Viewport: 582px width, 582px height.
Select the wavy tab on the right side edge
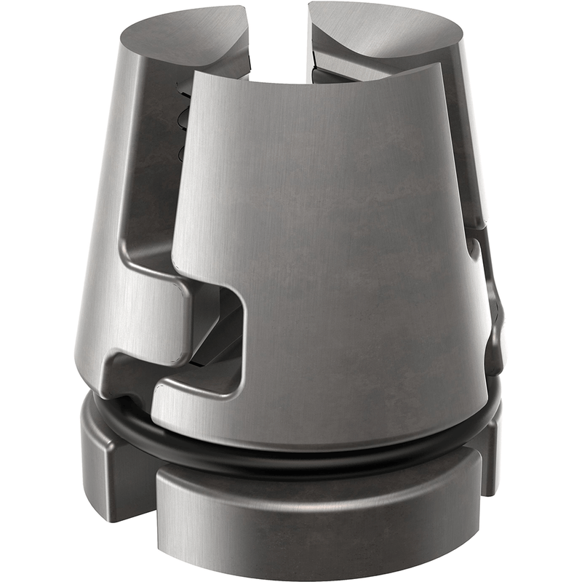click(x=495, y=306)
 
